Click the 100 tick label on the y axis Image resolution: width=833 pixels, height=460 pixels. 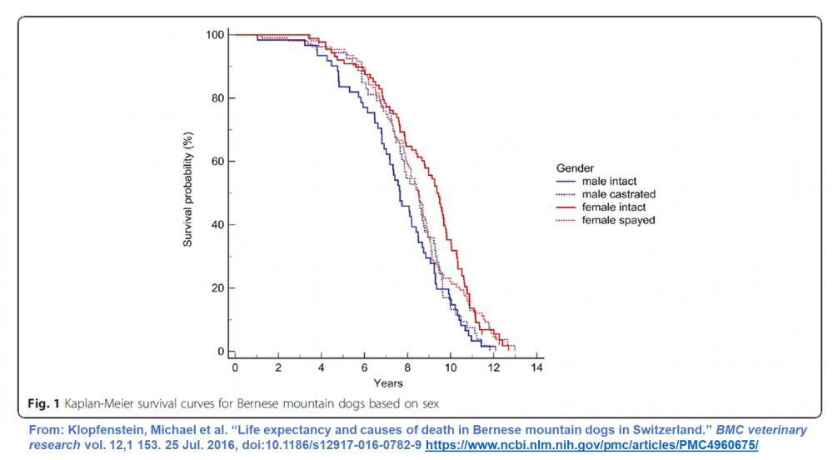(215, 35)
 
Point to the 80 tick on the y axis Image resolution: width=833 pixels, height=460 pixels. (217, 98)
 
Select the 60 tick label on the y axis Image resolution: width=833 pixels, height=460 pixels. (217, 162)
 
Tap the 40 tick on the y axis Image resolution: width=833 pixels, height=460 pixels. (217, 225)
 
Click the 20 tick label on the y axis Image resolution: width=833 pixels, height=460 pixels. (217, 288)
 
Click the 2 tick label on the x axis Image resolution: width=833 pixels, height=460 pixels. (278, 367)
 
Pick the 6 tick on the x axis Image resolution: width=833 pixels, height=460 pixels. (364, 367)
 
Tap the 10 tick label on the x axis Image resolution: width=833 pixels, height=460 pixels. (450, 367)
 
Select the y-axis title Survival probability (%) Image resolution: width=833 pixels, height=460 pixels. (189, 192)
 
